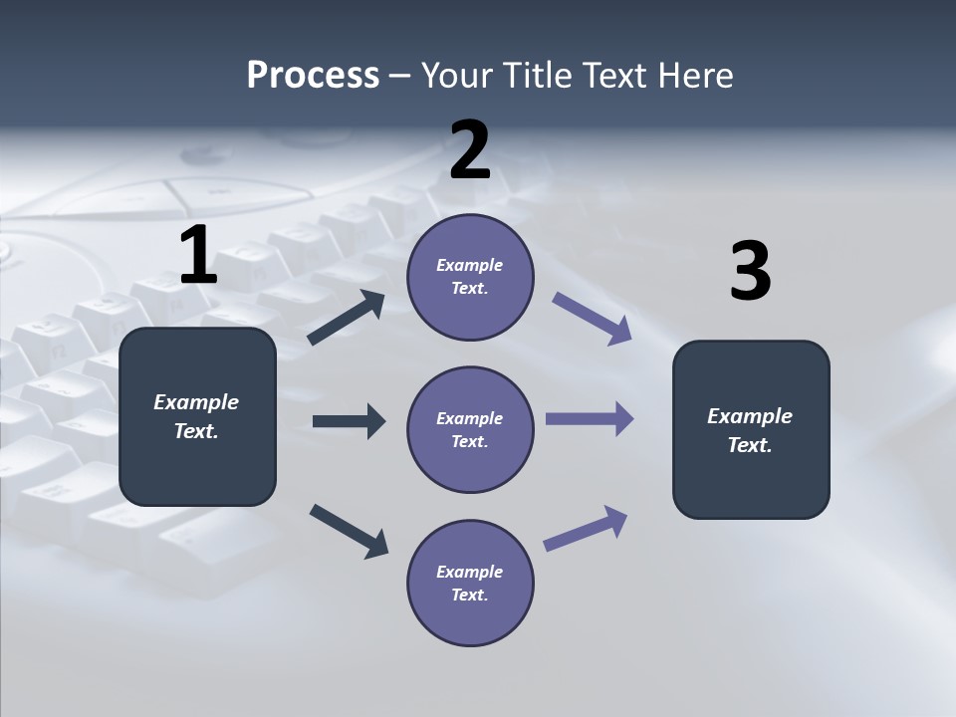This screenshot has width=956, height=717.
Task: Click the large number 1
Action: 198,256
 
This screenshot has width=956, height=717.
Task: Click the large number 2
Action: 470,150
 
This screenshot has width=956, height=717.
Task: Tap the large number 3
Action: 750,272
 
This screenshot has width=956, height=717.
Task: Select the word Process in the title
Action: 313,75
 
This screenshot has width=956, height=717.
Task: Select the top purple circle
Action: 470,277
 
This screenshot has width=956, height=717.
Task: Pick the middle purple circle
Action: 470,429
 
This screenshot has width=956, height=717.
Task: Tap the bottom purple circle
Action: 470,583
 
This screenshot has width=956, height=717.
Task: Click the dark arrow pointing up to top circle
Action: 347,319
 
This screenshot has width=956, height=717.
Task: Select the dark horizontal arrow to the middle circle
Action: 349,421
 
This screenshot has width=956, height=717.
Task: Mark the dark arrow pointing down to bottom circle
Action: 349,530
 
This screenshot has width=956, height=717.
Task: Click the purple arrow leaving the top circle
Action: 593,319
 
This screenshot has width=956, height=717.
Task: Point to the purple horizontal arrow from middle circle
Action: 590,418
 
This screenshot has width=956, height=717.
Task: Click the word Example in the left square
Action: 196,402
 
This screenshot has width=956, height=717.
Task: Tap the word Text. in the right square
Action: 750,445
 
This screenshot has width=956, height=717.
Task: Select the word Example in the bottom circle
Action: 469,572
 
